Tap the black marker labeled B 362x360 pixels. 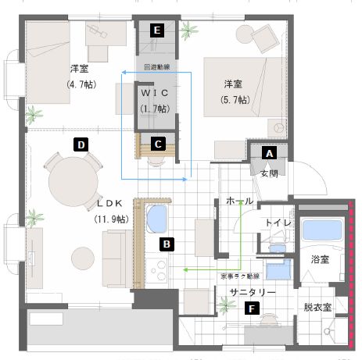click(x=166, y=244)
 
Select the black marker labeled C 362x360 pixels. click(x=158, y=144)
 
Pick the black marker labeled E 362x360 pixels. click(x=158, y=30)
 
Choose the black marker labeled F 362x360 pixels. click(x=250, y=308)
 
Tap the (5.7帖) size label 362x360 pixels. click(x=234, y=99)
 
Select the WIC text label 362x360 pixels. click(x=156, y=93)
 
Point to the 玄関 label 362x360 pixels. click(x=270, y=173)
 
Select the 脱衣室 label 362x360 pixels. click(x=318, y=307)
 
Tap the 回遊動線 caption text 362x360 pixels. click(x=156, y=68)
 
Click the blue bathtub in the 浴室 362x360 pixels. click(x=321, y=230)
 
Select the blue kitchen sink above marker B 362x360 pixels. click(x=159, y=220)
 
